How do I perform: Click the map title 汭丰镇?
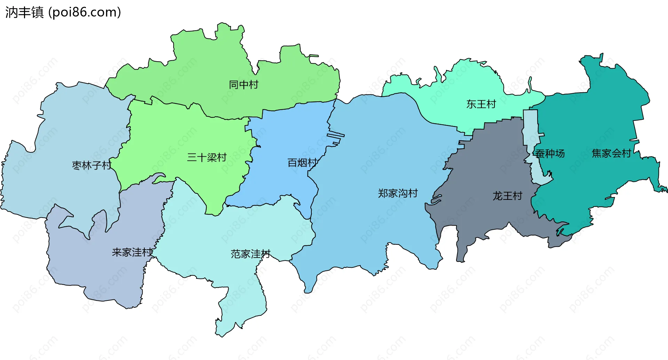tap(24, 13)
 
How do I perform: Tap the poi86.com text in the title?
tap(85, 13)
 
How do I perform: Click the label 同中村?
tap(244, 85)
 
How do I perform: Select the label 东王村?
tap(481, 104)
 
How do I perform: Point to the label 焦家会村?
tap(611, 154)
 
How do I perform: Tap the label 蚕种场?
tap(550, 154)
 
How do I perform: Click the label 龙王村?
tap(507, 196)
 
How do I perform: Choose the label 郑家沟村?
tap(398, 193)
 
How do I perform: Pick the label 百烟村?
tap(302, 163)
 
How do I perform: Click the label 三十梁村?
tap(207, 157)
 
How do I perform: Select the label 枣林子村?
tap(92, 165)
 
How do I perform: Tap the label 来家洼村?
tap(132, 252)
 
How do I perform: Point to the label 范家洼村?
tap(250, 254)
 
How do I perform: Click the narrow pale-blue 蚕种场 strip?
tap(530, 129)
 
